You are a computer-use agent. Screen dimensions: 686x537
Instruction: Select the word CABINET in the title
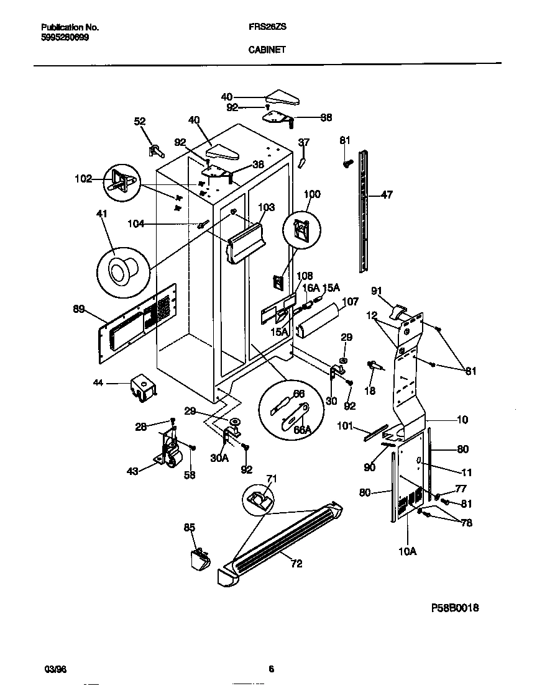[268, 50]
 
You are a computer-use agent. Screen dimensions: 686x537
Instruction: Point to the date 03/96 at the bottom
[55, 669]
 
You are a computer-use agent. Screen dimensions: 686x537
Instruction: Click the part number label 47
[387, 195]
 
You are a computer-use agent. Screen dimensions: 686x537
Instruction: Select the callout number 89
[79, 309]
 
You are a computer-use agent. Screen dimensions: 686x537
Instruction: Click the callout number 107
[351, 302]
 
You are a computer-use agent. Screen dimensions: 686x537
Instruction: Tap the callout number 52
[140, 122]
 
